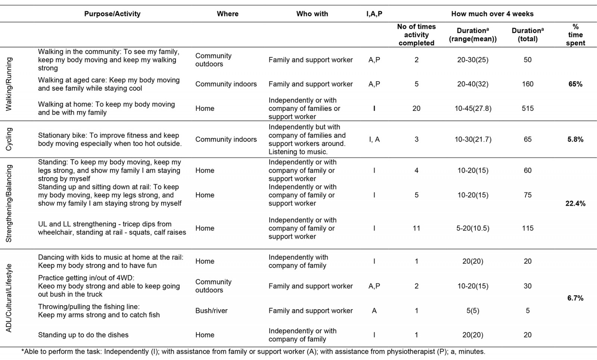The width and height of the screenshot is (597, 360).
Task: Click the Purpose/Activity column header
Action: point(112,14)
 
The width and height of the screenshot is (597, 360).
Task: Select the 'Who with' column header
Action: point(312,14)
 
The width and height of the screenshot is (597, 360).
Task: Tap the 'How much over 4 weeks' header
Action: point(492,14)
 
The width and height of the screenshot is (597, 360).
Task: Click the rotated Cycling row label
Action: point(9,139)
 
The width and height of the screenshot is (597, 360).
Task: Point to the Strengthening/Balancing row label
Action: point(9,203)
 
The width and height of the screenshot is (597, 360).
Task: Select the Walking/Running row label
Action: point(9,84)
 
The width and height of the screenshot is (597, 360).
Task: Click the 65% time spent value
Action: point(575,84)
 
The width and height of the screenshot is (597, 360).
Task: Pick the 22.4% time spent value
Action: point(575,203)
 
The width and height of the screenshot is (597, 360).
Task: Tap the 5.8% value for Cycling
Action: point(575,139)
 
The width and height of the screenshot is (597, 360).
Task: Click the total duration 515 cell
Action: point(527,108)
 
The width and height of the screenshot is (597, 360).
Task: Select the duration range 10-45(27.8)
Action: point(473,108)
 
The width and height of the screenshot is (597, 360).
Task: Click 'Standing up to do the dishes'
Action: point(83,335)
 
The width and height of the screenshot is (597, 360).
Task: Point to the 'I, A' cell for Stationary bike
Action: point(374,139)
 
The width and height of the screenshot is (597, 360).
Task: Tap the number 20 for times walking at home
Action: point(416,108)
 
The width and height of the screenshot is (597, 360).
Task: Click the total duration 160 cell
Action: point(527,84)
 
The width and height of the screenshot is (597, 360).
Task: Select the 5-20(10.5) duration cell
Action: point(473,228)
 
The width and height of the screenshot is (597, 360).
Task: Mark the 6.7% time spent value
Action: point(575,298)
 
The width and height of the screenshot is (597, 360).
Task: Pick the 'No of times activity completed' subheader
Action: point(416,35)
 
